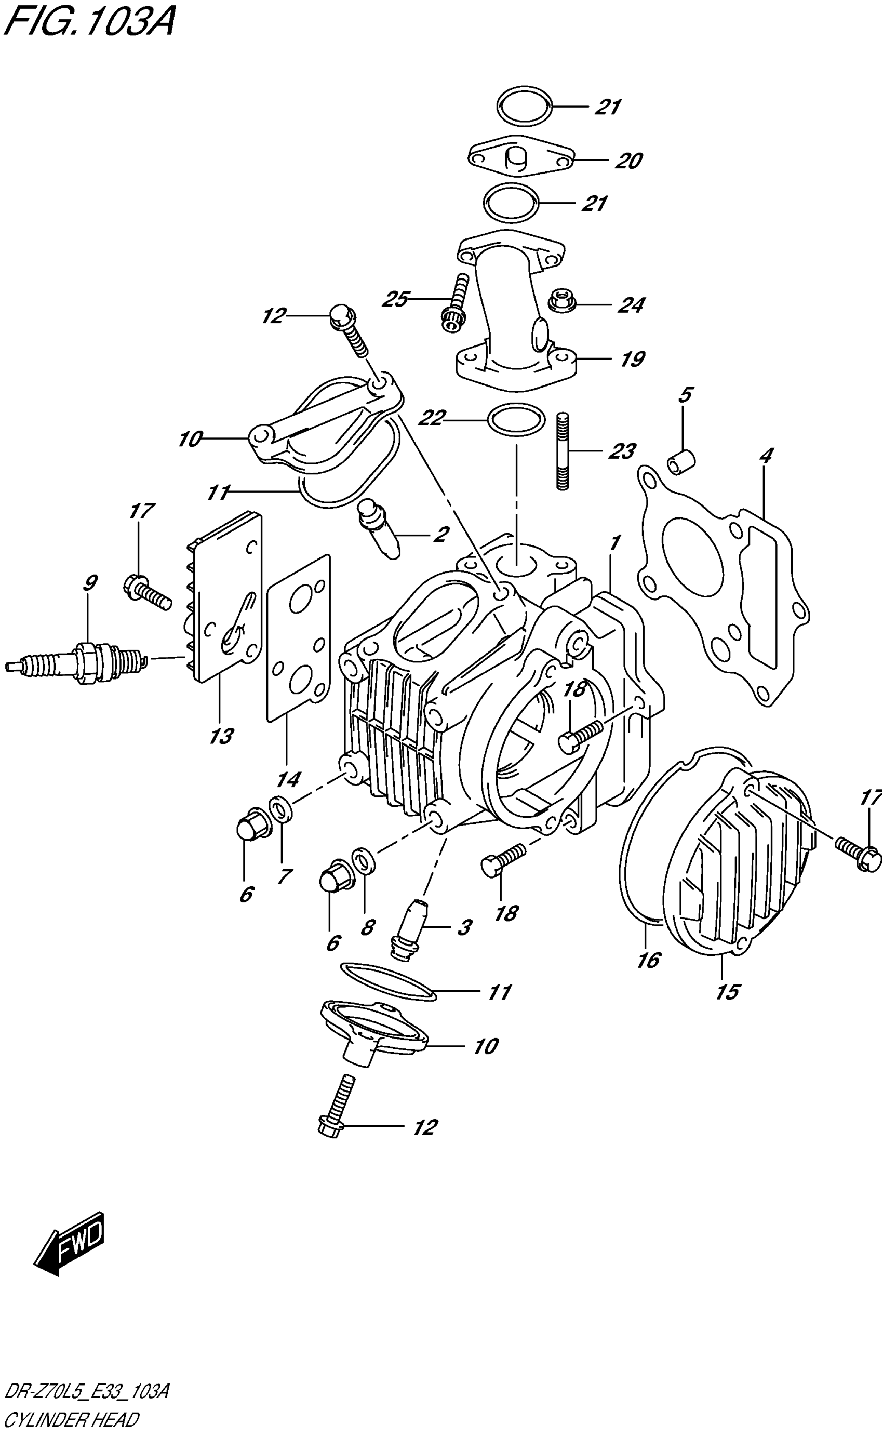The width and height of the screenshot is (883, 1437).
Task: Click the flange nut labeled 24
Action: [x=563, y=301]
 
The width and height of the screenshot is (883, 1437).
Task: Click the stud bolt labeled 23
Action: [x=563, y=451]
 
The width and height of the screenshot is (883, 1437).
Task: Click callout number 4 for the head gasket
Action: [x=766, y=455]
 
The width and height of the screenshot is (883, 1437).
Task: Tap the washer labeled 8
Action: [x=364, y=859]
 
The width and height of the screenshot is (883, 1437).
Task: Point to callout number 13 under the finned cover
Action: [x=221, y=736]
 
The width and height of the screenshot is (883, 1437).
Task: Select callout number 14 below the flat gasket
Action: [x=288, y=779]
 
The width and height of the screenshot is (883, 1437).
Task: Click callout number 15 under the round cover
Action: [x=728, y=991]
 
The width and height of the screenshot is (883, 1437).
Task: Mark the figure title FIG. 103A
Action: [x=89, y=23]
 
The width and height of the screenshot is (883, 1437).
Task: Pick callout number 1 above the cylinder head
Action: [x=614, y=543]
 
